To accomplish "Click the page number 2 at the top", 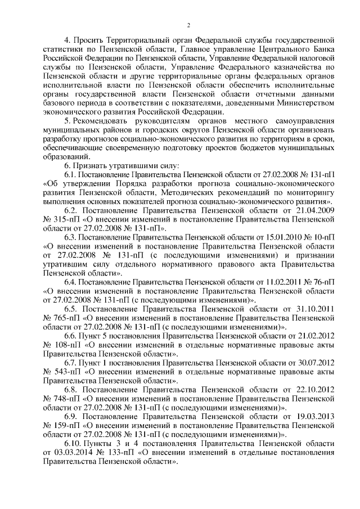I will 189,25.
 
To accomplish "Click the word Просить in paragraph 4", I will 91,41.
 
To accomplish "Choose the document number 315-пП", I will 67,219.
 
